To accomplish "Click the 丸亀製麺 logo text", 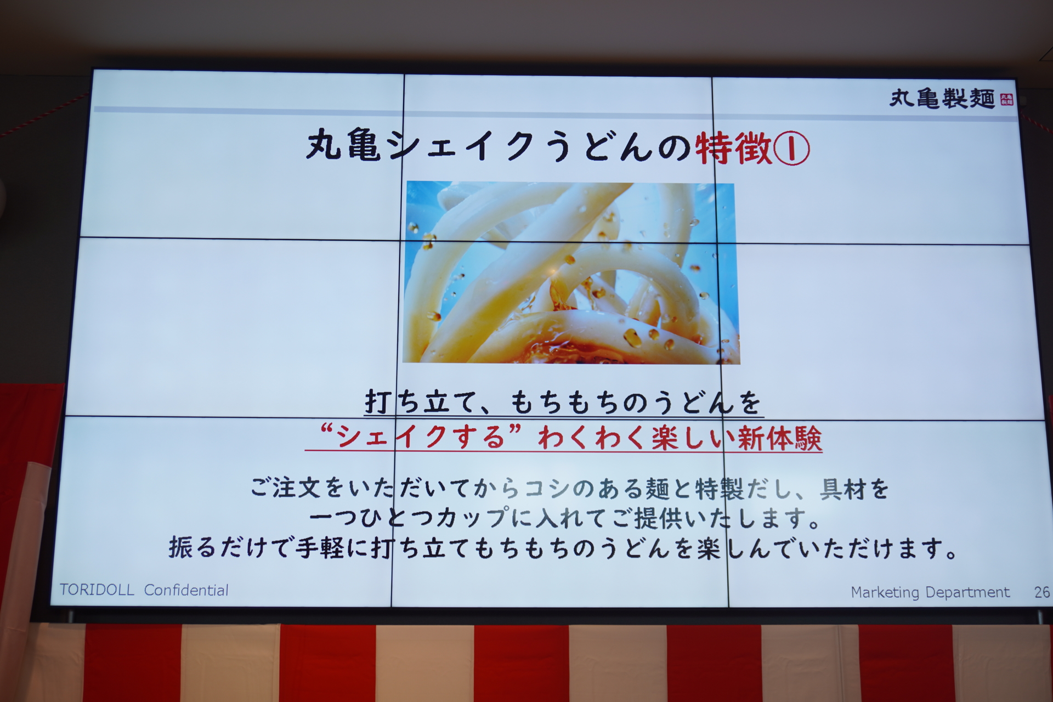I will click(941, 99).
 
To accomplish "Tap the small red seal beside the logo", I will click(1006, 100).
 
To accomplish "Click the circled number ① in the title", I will click(791, 149).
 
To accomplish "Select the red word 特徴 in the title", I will click(733, 148).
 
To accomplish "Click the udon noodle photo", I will click(570, 273).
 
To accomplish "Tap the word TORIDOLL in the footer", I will click(97, 590).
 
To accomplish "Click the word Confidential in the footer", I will click(186, 590).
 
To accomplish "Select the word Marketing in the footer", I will click(885, 592).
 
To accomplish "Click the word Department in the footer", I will click(967, 592).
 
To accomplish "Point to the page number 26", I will click(1041, 592).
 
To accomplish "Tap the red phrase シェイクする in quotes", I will click(420, 437).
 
